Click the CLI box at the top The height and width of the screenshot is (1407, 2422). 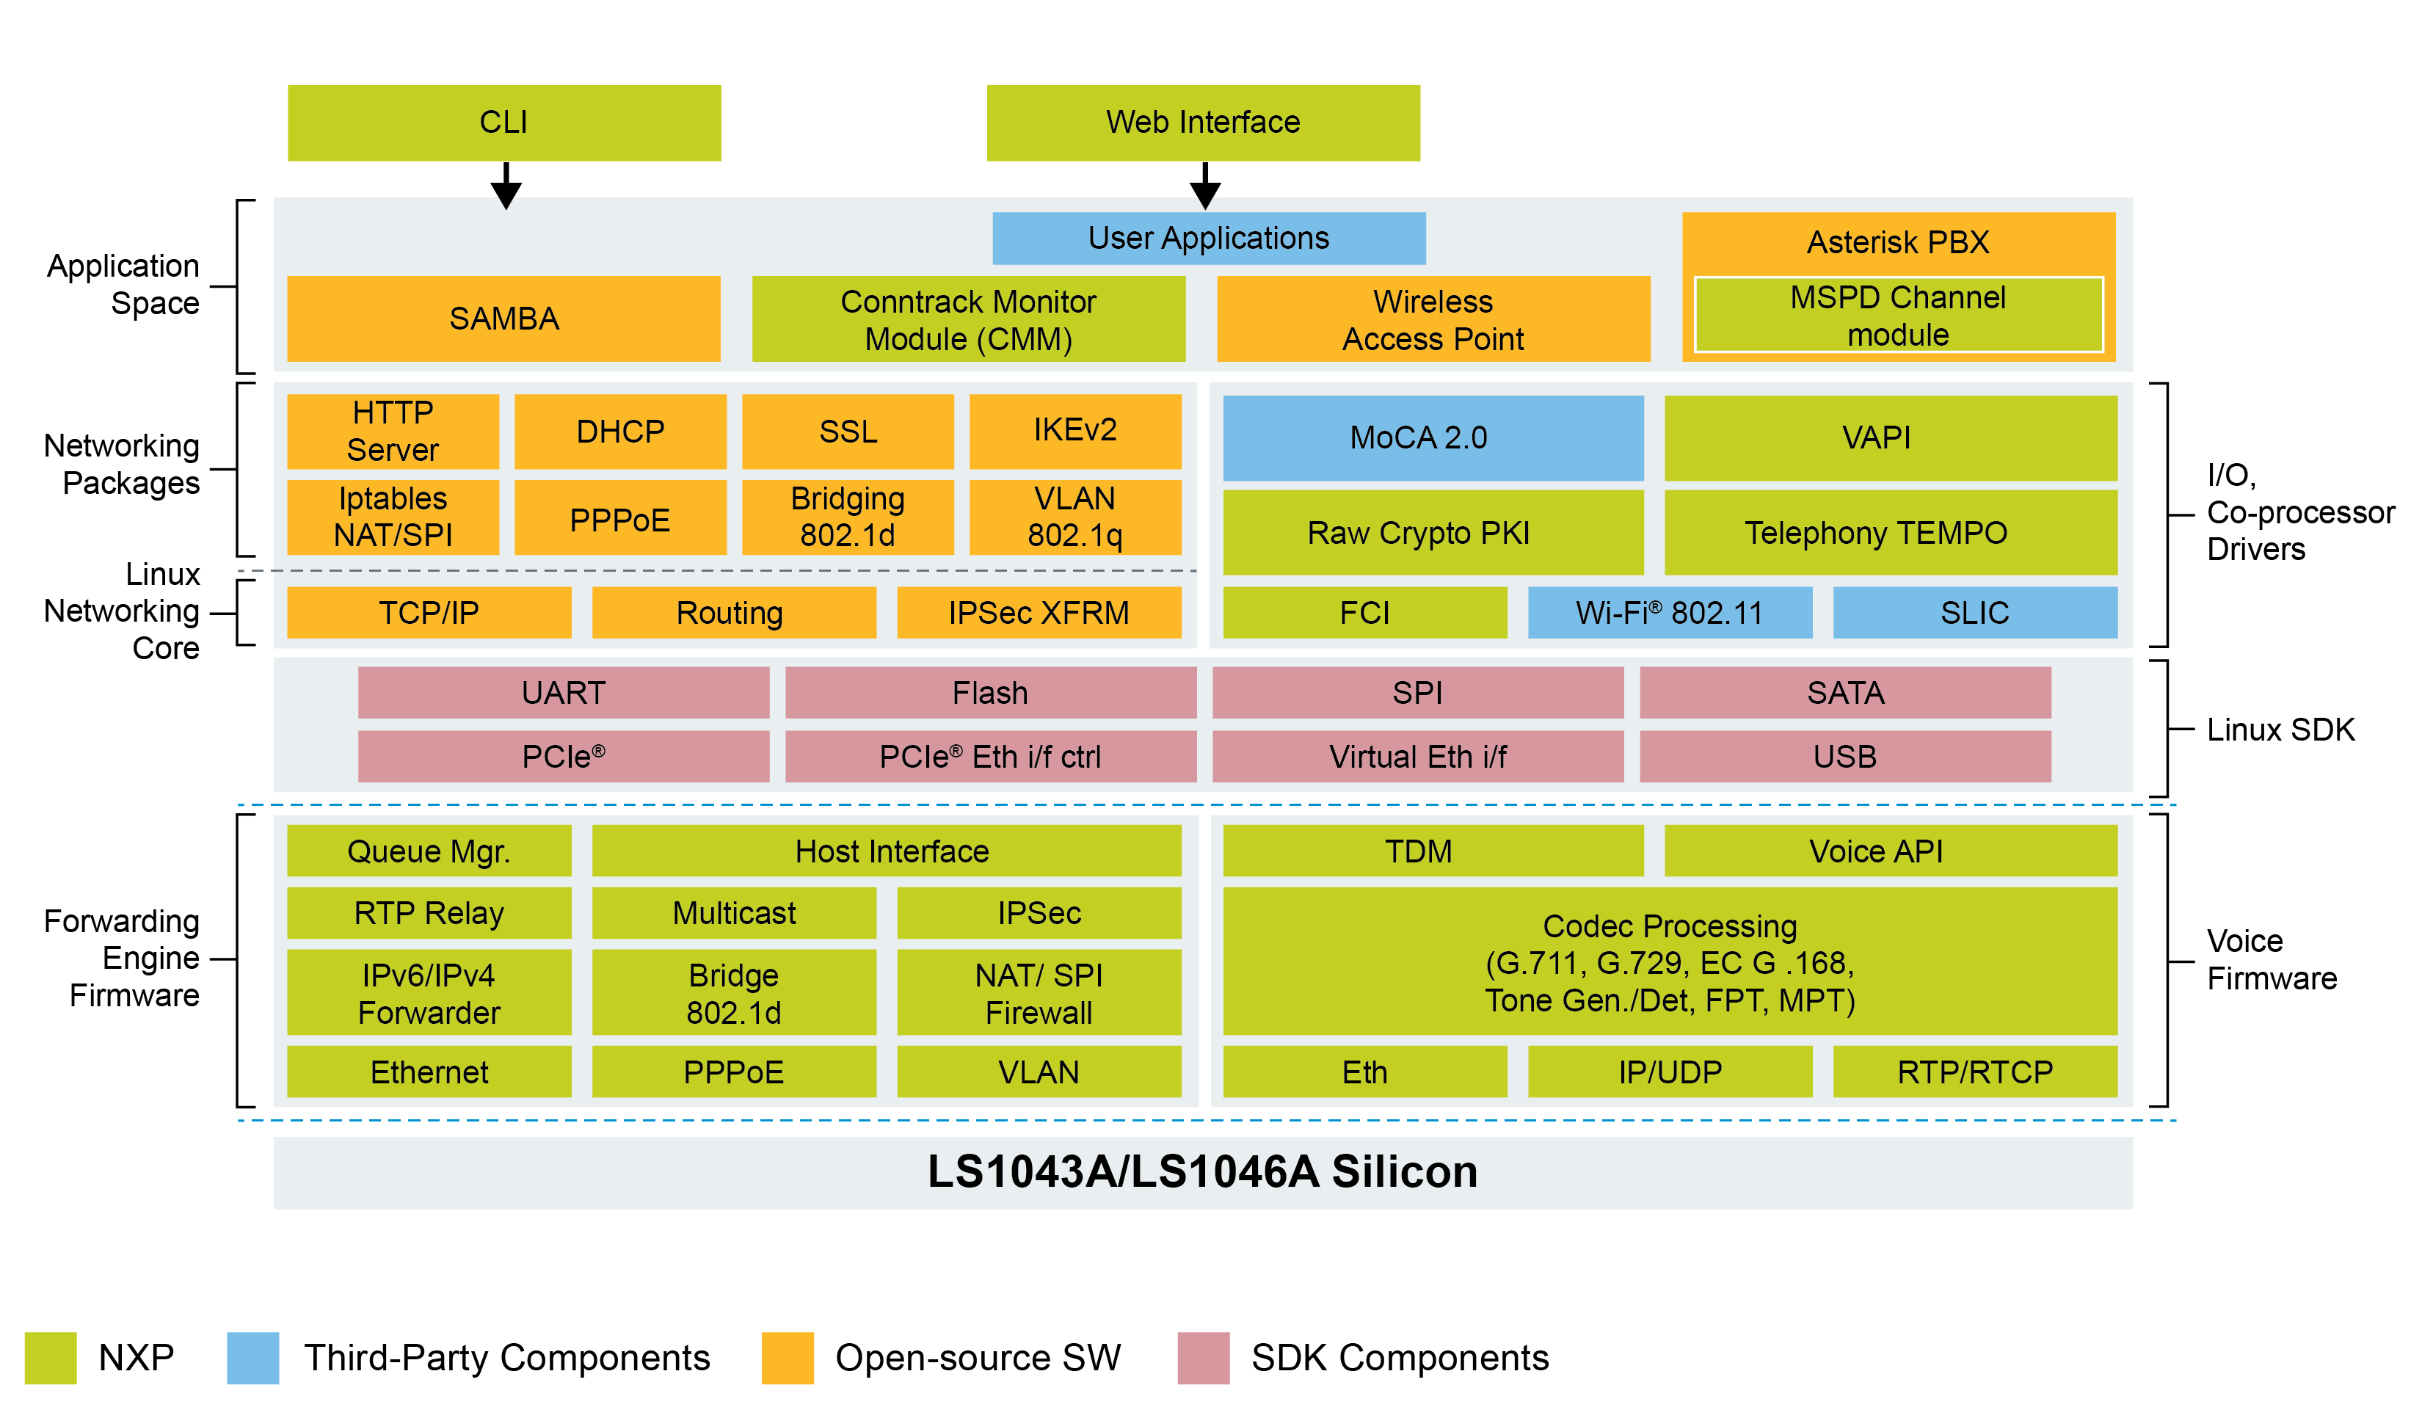503,122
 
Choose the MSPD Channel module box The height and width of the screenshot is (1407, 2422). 1897,315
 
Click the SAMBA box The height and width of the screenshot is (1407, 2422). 503,318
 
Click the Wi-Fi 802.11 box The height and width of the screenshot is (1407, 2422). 1670,612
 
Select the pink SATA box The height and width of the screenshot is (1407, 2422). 1844,692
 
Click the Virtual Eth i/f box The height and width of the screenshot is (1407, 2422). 1418,757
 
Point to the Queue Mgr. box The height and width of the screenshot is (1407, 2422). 429,851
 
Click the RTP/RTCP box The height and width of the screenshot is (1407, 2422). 1974,1072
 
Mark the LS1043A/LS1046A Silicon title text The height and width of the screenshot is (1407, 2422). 1202,1171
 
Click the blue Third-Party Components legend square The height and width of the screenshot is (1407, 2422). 252,1357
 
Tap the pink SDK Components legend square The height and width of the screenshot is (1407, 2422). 1204,1357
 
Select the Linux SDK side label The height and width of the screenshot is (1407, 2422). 2280,730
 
